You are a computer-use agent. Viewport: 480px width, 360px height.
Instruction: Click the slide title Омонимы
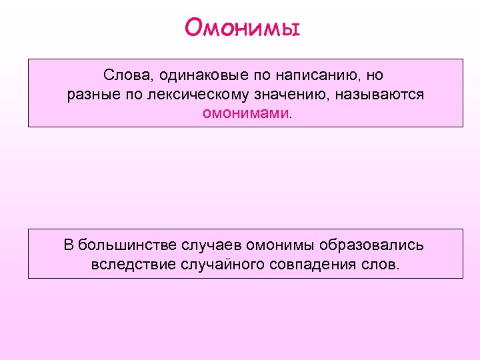point(242,28)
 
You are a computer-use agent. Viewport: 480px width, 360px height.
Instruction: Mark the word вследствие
point(133,265)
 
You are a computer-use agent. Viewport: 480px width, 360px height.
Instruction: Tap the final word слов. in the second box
point(382,265)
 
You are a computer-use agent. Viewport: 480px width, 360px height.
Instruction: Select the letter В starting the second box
point(68,245)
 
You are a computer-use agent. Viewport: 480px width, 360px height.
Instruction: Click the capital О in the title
point(193,28)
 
